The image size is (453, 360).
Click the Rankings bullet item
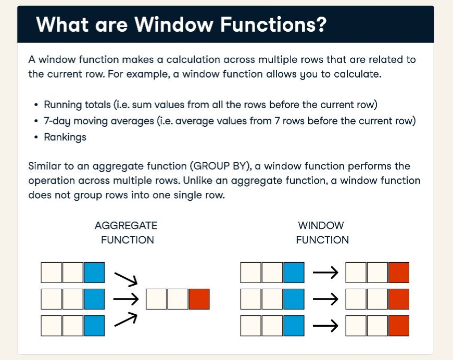pyautogui.click(x=65, y=137)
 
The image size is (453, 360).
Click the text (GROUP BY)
pyautogui.click(x=221, y=166)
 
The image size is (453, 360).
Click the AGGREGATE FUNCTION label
pyautogui.click(x=126, y=233)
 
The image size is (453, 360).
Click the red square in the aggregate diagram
pyautogui.click(x=199, y=299)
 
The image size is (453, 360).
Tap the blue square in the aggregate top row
pyautogui.click(x=94, y=273)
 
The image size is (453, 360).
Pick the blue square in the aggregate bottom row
pyautogui.click(x=94, y=326)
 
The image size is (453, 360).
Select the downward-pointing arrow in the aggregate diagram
pyautogui.click(x=125, y=279)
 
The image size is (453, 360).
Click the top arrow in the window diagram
pyautogui.click(x=325, y=273)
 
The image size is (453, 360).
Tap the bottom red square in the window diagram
pyautogui.click(x=398, y=326)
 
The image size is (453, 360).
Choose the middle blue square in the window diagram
pyautogui.click(x=294, y=299)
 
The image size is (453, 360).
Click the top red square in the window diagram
pyautogui.click(x=398, y=273)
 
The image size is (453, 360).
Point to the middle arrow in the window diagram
pyautogui.click(x=325, y=299)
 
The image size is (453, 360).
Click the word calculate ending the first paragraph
pyautogui.click(x=359, y=74)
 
